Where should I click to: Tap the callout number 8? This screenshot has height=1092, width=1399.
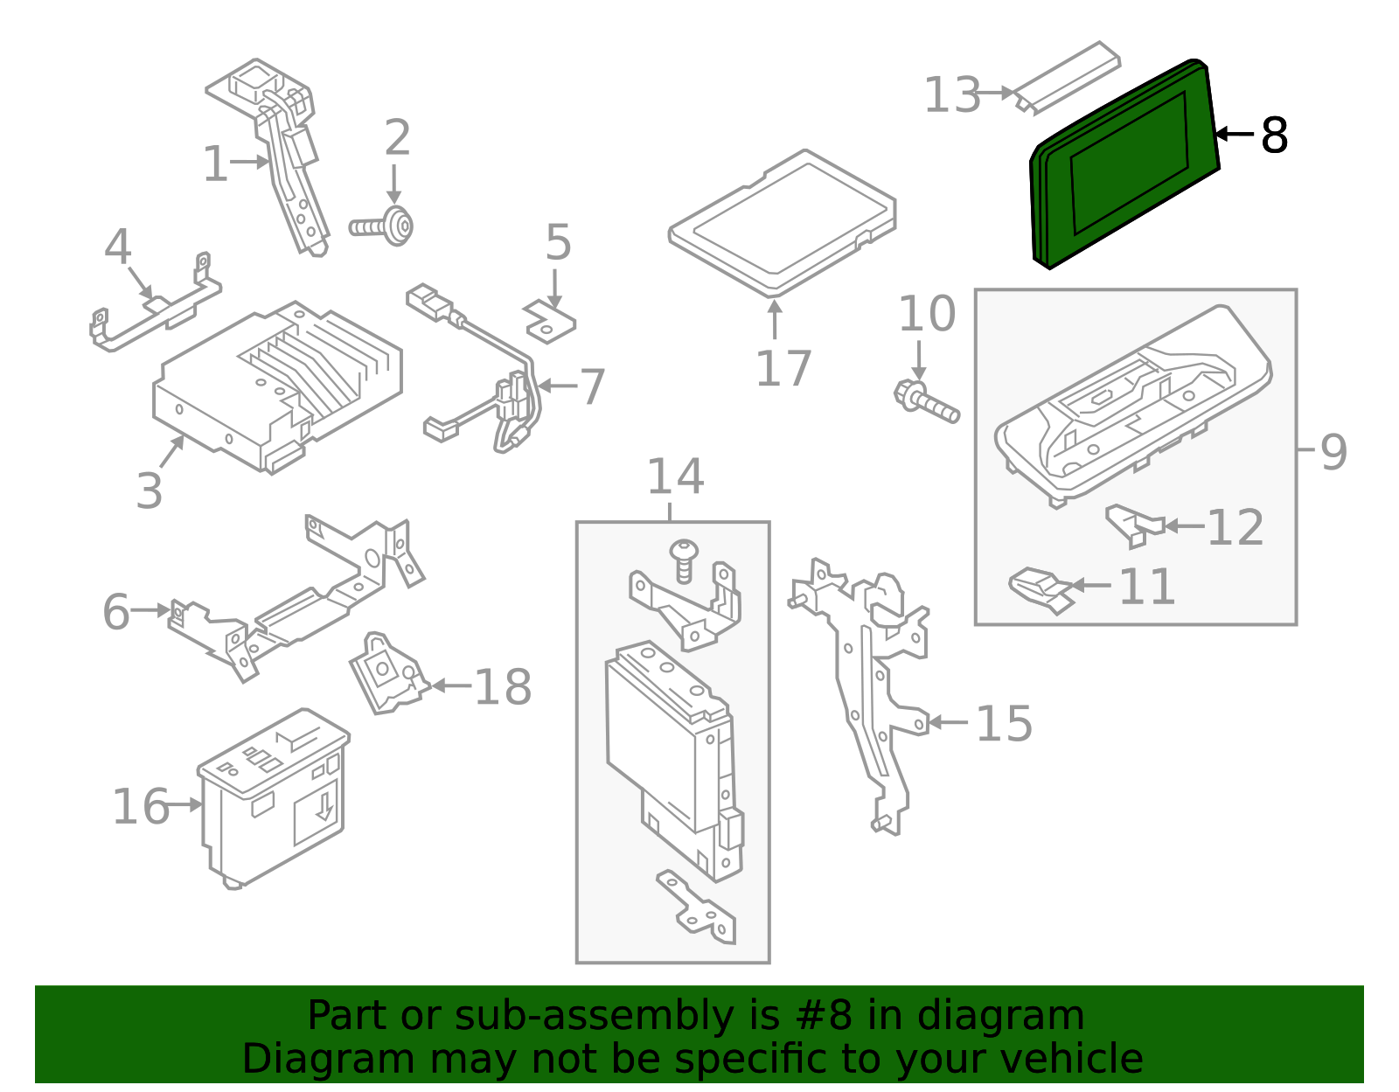pyautogui.click(x=1274, y=136)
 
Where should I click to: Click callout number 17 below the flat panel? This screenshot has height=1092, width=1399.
pyautogui.click(x=783, y=369)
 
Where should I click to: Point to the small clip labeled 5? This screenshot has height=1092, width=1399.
pyautogui.click(x=550, y=321)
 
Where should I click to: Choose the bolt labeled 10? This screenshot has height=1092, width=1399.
pyautogui.click(x=926, y=402)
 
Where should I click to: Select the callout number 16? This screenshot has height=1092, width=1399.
pyautogui.click(x=140, y=806)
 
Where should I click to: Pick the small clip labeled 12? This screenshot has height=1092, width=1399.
pyautogui.click(x=1133, y=525)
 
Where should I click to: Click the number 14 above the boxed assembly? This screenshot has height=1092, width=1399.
pyautogui.click(x=674, y=477)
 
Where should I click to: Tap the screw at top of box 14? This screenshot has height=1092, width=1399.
pyautogui.click(x=684, y=558)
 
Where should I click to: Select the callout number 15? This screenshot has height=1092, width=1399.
pyautogui.click(x=1004, y=724)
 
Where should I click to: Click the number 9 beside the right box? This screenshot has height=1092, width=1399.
pyautogui.click(x=1333, y=452)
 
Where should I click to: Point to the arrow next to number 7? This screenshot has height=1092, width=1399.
pyautogui.click(x=556, y=386)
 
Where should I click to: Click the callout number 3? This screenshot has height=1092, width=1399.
pyautogui.click(x=149, y=491)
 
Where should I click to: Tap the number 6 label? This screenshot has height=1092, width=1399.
pyautogui.click(x=115, y=612)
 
